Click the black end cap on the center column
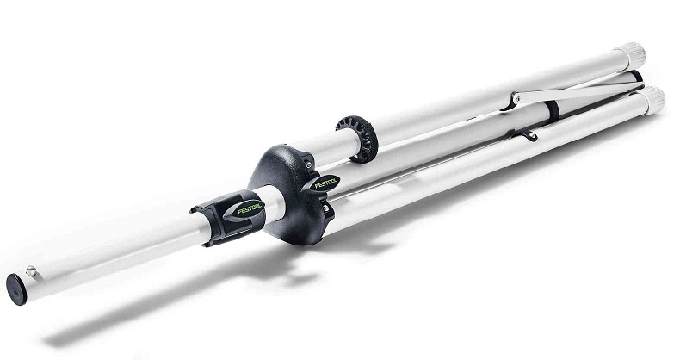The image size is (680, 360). point(16,289)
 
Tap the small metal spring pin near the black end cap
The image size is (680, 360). point(31,271)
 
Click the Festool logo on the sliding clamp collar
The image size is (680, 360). point(250,209)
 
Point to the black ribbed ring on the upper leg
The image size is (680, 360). point(357,140)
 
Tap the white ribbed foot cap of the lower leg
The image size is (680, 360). point(652,101)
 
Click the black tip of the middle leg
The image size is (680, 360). point(636,76)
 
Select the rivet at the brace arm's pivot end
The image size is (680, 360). point(516,98)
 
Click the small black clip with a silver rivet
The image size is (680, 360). point(531,136)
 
